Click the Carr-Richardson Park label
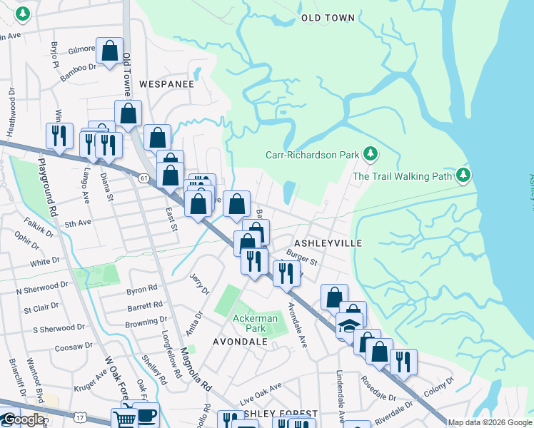coord(312,154)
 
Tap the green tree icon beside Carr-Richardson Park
coord(370,153)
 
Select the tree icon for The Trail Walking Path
coord(464,174)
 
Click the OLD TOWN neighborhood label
coord(328,17)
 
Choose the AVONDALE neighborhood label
coord(240,342)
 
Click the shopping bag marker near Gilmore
coord(109,51)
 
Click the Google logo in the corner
coord(23,419)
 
